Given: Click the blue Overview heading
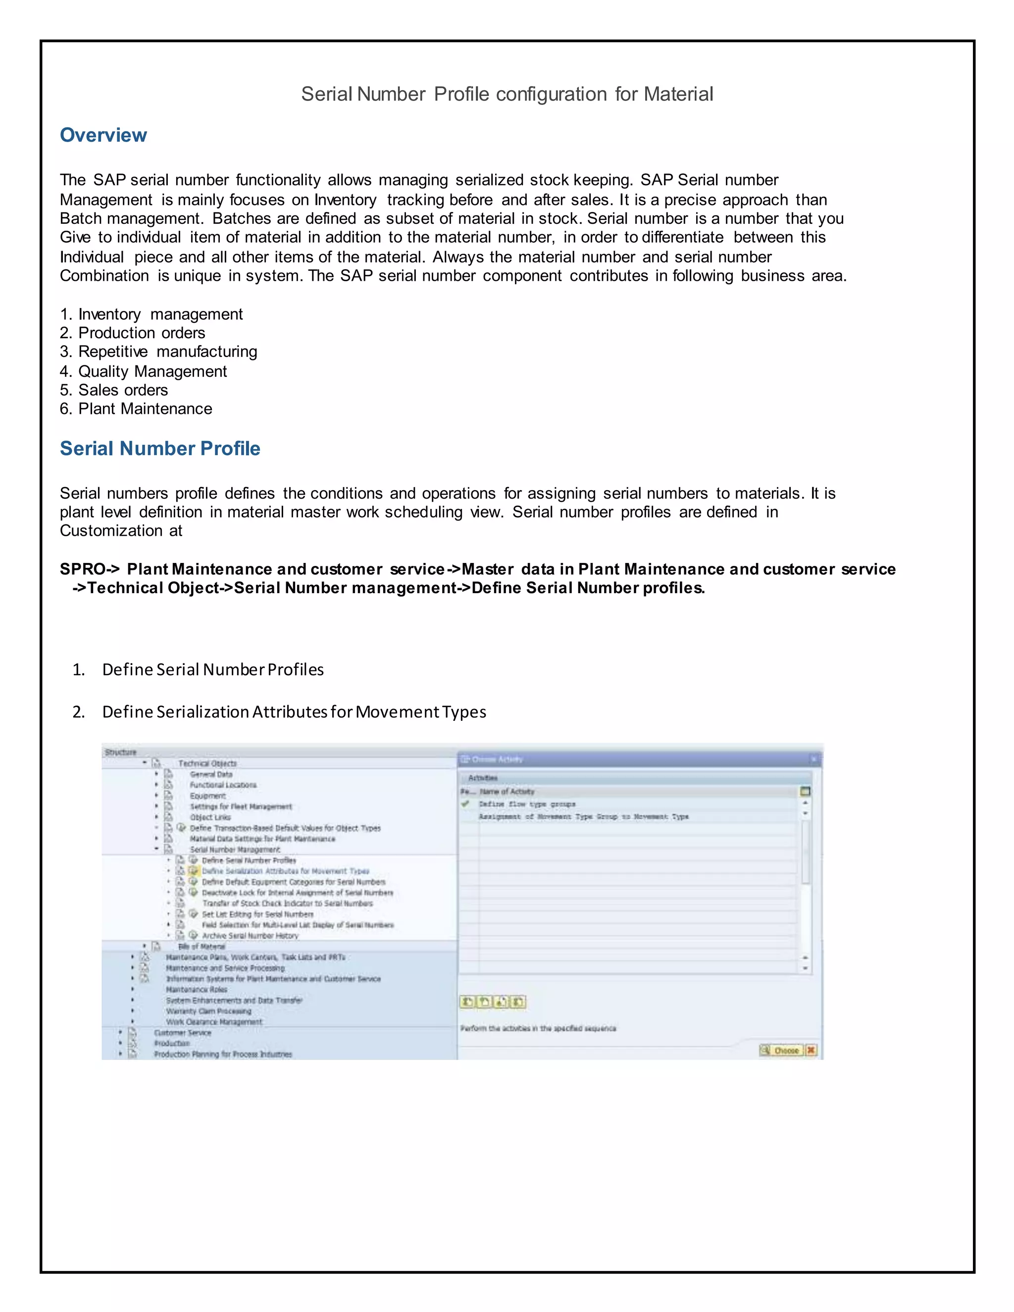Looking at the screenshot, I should coord(103,135).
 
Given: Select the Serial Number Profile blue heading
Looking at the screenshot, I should coord(160,449).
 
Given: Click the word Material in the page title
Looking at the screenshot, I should coord(678,94).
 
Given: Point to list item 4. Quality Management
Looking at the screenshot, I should coord(144,371).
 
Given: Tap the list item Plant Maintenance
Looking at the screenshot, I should coord(145,409).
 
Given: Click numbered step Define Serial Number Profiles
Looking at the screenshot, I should coord(212,670).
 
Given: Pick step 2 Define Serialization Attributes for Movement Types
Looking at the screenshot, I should coord(294,712).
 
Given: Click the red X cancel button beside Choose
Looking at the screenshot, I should coord(811,1050).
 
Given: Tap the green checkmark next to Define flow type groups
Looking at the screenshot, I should coord(465,804).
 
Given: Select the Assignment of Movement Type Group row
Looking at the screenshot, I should coord(583,816).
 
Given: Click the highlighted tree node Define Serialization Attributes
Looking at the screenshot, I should coord(285,871).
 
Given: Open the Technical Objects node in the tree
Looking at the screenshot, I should coord(207,763).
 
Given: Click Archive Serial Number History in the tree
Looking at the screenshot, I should coord(250,935).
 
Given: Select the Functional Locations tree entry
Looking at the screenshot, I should coord(223,785).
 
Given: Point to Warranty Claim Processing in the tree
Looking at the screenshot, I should coord(208,1011).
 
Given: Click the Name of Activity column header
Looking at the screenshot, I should coord(507,791).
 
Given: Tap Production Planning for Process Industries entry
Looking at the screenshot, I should coord(223,1054).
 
